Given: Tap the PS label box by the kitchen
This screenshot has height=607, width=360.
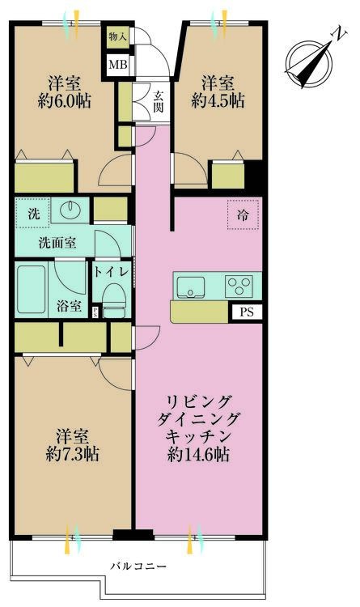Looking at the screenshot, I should pos(245,311).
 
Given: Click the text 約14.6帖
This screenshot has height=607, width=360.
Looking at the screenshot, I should pos(198,455).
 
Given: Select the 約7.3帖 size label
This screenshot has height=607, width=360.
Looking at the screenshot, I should pos(72,454).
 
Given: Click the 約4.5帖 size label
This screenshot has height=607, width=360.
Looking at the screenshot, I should pos(218,100).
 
